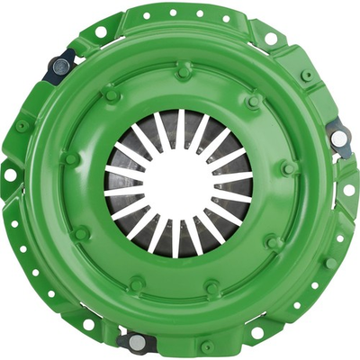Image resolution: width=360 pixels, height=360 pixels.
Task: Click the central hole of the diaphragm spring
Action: (179, 179)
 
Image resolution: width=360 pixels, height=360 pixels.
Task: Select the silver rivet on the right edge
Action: (339, 138)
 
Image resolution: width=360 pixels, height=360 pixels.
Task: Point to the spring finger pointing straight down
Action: (176, 237)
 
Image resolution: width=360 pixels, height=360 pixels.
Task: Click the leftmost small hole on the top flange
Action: (145, 15)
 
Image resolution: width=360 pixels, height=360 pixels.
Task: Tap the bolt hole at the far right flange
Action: (348, 189)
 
